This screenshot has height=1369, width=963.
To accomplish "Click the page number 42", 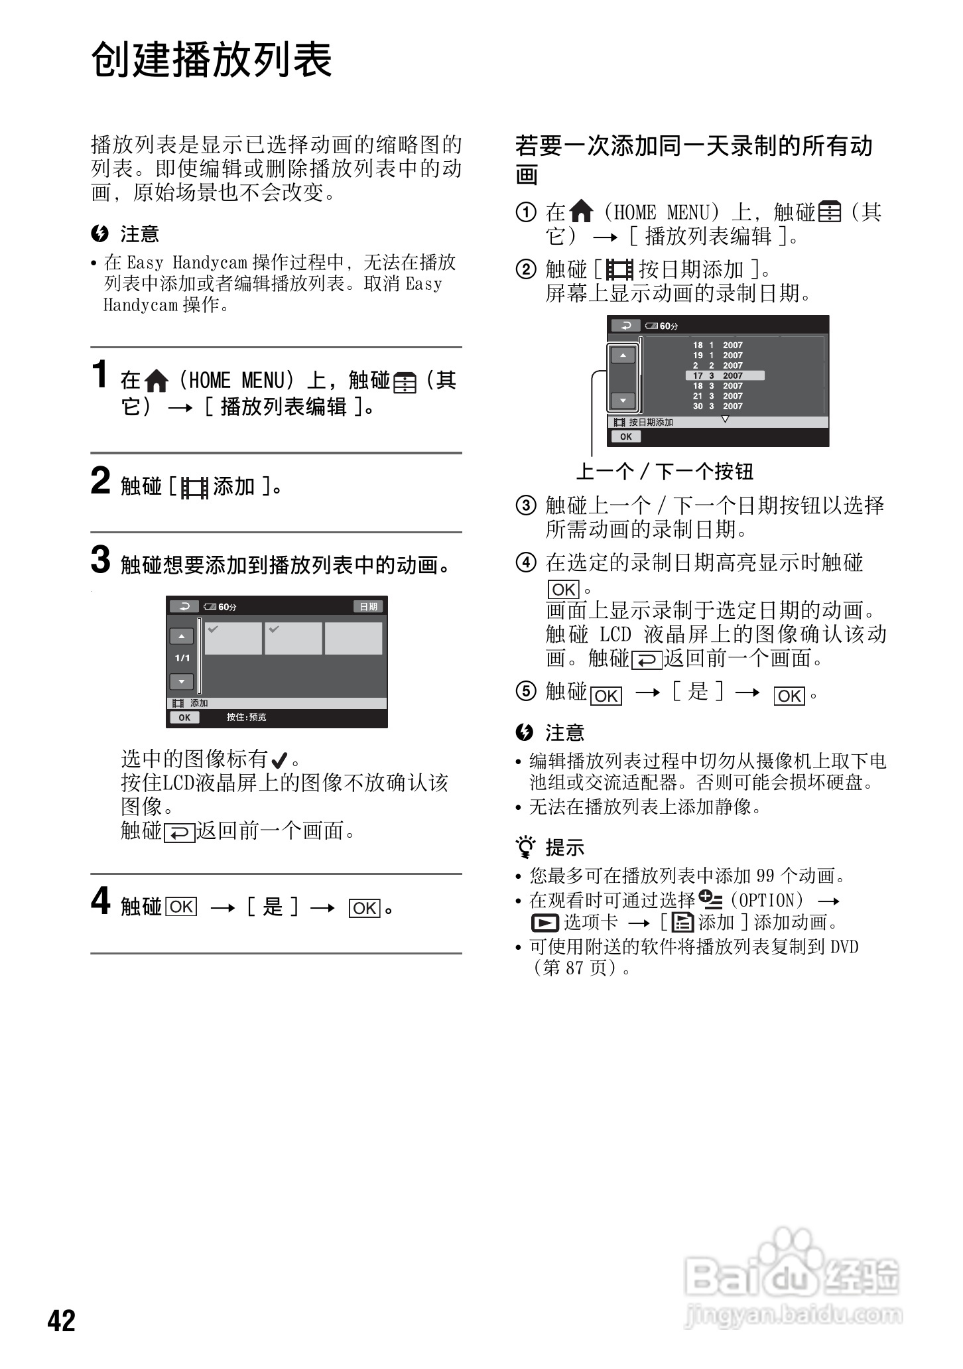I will coord(62,1320).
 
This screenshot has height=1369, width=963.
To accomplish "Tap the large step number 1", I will coord(99,374).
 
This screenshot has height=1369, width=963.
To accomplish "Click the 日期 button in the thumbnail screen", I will coord(368,606).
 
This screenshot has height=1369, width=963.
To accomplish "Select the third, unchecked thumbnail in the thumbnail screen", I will coord(353,638).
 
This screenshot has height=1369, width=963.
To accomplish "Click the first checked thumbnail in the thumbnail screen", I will coord(233,638).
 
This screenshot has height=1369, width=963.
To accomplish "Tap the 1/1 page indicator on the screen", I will coord(182,658).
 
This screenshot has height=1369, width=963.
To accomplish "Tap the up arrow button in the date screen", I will coord(623,356).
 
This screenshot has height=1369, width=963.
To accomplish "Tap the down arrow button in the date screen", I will coord(623,401).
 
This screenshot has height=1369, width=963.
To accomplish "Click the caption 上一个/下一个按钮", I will coord(665,472).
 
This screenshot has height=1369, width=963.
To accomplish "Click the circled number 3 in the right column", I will coord(526,505).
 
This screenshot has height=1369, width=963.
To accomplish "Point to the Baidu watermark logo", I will coord(793,1280).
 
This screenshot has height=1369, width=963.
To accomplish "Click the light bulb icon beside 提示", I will coord(525,847).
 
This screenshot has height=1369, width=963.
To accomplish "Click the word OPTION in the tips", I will coord(767,900).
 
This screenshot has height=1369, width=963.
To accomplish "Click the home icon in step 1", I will coord(157,381).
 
